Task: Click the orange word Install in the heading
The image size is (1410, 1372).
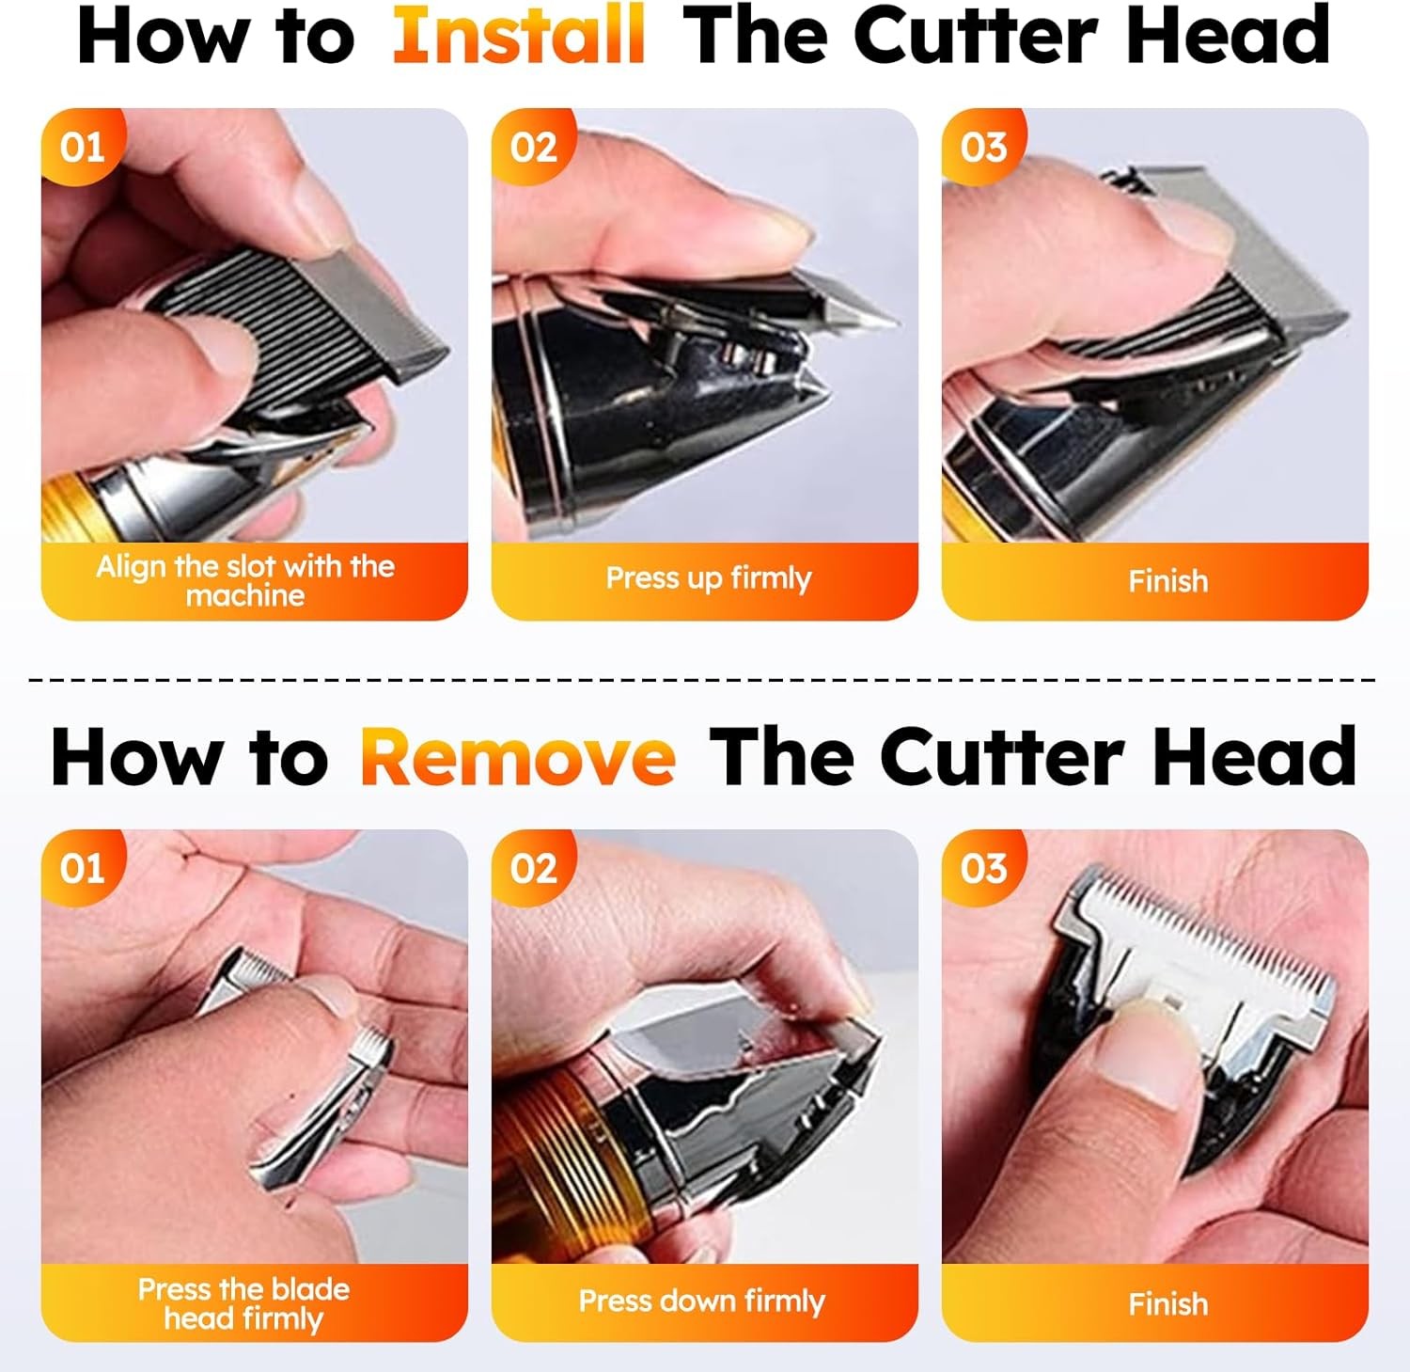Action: tap(519, 36)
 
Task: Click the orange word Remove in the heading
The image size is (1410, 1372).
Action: tap(518, 757)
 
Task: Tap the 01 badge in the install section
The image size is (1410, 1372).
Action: tap(82, 148)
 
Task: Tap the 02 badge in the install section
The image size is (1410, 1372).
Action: tap(533, 148)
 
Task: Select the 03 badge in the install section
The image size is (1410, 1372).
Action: tap(983, 148)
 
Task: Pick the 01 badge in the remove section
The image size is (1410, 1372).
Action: tap(82, 868)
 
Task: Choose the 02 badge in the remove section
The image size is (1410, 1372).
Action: tap(533, 868)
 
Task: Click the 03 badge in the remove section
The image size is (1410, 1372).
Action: tap(983, 868)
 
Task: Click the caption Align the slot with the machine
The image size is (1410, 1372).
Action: tap(245, 580)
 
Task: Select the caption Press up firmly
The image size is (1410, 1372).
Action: tap(708, 577)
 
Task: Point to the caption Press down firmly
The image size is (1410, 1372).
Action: tap(701, 1301)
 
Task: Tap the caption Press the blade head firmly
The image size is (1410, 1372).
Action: tap(243, 1302)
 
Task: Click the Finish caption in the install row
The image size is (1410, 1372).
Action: tap(1167, 581)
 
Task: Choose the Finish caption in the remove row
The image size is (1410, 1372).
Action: tap(1167, 1303)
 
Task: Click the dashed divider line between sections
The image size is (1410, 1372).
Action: tap(705, 678)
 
